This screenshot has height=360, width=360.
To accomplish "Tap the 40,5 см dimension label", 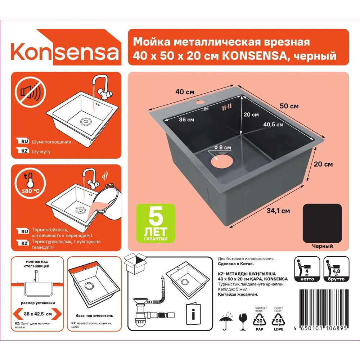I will [273, 125].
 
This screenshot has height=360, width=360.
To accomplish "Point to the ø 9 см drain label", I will [222, 147].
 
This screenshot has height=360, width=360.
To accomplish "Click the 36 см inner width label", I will [186, 120].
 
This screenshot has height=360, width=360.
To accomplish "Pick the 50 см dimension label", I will [289, 106].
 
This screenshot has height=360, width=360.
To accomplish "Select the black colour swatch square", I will [322, 223].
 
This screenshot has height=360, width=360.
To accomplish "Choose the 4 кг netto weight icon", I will [307, 269].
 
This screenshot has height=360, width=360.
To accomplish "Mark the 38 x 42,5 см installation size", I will [38, 314].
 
